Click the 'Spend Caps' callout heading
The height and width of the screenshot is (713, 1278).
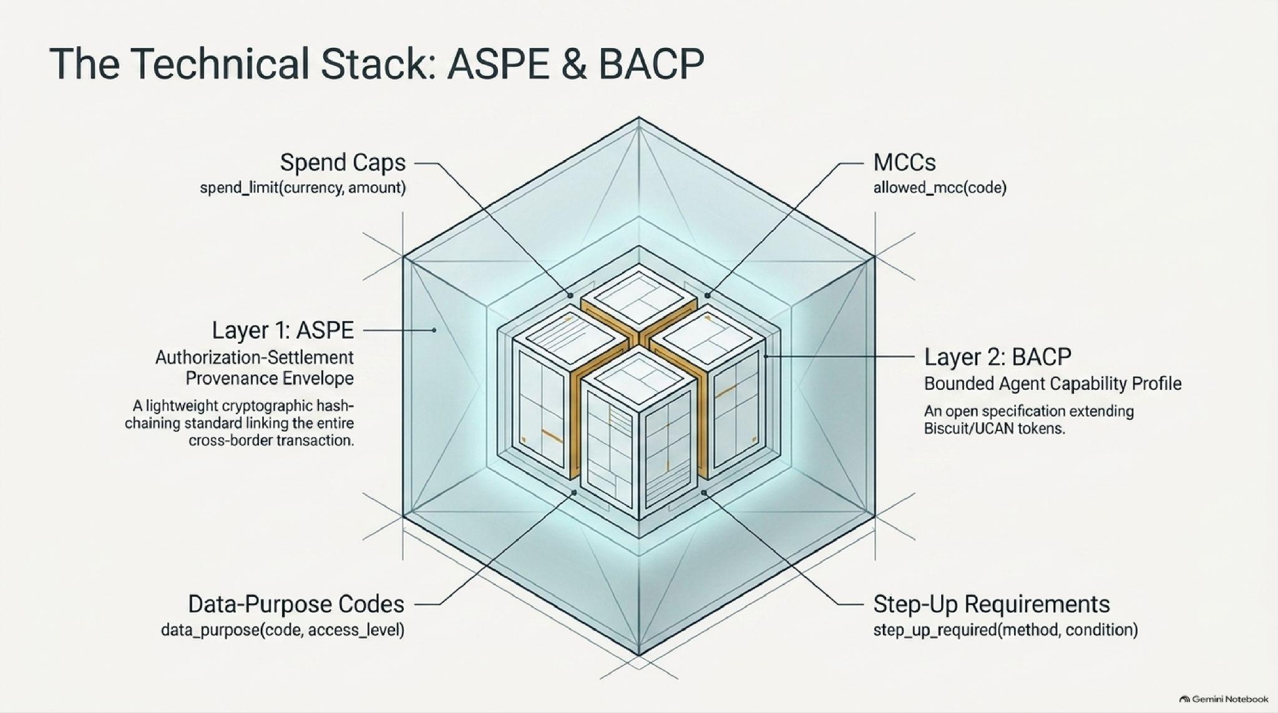click(343, 163)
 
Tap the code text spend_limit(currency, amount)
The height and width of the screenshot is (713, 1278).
click(303, 187)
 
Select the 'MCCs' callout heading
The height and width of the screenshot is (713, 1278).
click(904, 163)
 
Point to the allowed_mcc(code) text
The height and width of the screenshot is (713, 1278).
click(940, 187)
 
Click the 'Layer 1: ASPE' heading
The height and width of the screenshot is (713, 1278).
click(283, 330)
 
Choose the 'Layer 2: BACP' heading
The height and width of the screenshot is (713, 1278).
click(997, 357)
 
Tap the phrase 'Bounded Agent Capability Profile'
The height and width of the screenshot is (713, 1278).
click(1053, 384)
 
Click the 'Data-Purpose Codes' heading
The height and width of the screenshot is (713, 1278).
click(296, 604)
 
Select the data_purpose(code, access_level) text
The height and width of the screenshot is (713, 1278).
click(283, 630)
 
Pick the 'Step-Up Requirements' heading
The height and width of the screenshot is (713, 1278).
click(992, 604)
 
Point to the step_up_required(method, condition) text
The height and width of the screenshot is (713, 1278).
click(1005, 630)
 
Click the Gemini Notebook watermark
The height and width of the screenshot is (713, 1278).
click(1224, 699)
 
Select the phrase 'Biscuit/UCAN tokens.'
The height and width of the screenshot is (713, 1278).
click(994, 429)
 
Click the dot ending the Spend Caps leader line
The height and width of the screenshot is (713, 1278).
click(570, 295)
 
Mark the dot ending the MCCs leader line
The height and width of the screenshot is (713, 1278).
click(707, 295)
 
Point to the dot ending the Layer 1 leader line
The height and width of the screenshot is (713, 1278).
click(434, 330)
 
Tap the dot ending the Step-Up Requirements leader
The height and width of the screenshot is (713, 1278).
click(704, 493)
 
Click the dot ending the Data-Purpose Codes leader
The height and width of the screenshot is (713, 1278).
click(574, 493)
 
